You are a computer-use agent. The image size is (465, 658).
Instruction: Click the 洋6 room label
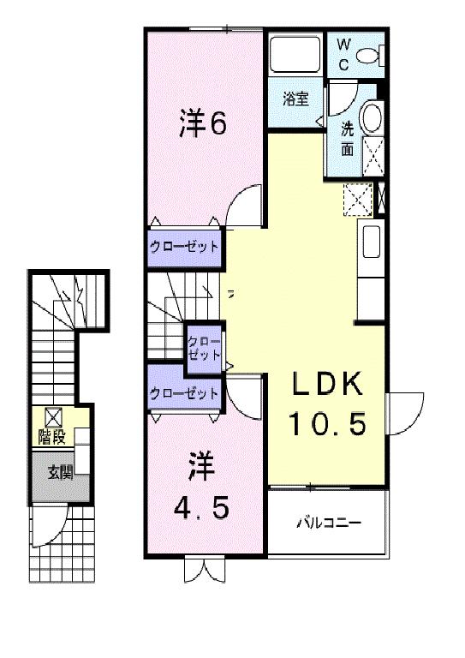(x=202, y=125)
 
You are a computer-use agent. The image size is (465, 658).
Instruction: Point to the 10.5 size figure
(x=327, y=422)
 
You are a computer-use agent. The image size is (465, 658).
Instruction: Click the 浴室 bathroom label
(x=296, y=99)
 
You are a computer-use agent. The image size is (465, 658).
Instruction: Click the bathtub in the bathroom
(x=294, y=54)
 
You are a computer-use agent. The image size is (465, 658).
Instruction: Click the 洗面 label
(x=348, y=139)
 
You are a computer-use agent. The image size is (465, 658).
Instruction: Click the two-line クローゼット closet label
(x=206, y=347)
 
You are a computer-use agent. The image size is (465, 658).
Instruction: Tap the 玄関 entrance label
(x=60, y=470)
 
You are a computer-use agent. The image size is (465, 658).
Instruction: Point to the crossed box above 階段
(x=53, y=417)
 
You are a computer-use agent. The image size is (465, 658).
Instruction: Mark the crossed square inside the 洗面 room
(x=373, y=157)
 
